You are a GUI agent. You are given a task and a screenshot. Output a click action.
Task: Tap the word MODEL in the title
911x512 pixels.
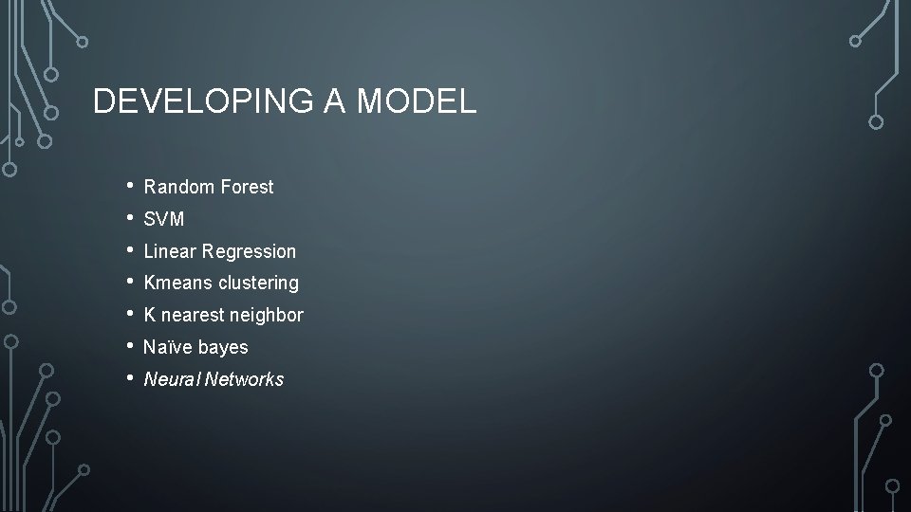coord(417,101)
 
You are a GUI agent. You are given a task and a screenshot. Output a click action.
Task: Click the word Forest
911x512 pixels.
coord(247,188)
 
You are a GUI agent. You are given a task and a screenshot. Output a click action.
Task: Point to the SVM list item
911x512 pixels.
coord(163,220)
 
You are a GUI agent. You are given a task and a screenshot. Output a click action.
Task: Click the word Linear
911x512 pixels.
coord(170,251)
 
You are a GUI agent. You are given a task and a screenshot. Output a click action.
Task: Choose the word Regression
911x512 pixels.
coord(249,251)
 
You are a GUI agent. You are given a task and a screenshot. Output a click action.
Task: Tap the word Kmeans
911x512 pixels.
coord(178,283)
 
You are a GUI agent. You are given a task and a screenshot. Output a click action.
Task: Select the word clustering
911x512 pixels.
coord(258,283)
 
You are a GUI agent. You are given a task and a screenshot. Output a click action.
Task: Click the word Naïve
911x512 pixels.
coord(167,347)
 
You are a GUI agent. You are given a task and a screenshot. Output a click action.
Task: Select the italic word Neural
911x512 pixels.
coord(172,379)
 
